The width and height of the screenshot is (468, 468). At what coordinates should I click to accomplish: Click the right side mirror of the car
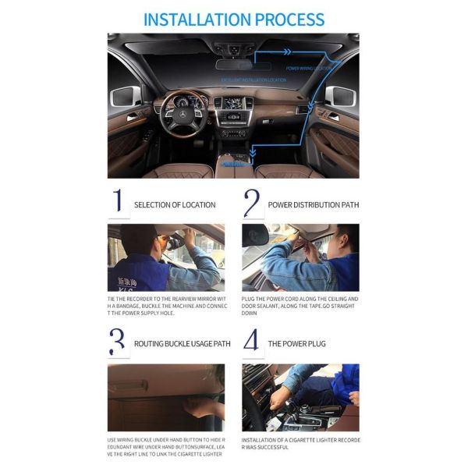pyautogui.click(x=343, y=98)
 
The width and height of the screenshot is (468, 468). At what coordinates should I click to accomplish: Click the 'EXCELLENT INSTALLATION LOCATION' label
pyautogui.click(x=253, y=80)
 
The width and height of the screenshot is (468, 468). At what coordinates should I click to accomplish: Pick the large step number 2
pyautogui.click(x=251, y=204)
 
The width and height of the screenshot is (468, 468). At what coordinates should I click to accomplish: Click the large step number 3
pyautogui.click(x=117, y=342)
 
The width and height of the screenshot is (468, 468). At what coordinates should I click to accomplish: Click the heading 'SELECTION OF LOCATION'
pyautogui.click(x=175, y=205)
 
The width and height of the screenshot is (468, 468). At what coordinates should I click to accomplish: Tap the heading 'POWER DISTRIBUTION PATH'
pyautogui.click(x=314, y=205)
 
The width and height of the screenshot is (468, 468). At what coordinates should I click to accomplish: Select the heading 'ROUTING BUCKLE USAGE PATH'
pyautogui.click(x=183, y=343)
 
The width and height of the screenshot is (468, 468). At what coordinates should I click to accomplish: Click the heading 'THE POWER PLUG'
pyautogui.click(x=296, y=343)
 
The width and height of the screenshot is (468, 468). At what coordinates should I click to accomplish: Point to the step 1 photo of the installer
pyautogui.click(x=165, y=257)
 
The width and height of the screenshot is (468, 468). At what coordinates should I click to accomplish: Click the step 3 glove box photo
pyautogui.click(x=165, y=397)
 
